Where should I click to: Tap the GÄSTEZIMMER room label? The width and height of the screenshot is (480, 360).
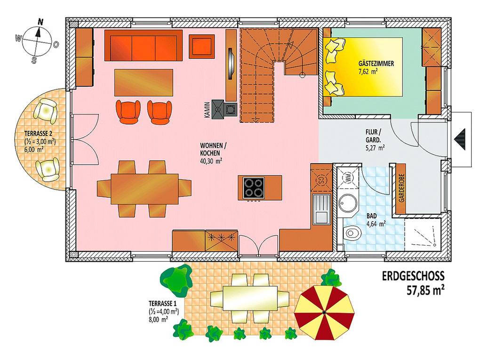point(376,64)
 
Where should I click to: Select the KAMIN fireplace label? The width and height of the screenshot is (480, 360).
point(207,110)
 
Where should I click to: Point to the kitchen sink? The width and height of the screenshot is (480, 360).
point(321,209)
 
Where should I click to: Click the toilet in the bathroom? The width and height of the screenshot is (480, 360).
point(352,232)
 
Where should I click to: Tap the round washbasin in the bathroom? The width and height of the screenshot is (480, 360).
point(348,202)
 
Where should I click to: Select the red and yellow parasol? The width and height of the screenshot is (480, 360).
point(324,312)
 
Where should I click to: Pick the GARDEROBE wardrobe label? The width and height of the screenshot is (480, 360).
point(401,188)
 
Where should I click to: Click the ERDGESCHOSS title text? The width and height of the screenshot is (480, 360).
point(413,276)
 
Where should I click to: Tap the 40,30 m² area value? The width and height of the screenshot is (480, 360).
point(211,160)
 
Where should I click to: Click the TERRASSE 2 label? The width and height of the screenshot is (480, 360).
point(38,134)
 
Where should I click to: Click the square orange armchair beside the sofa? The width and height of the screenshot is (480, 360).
point(202,46)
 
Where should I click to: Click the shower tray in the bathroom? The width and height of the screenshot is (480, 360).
point(423,234)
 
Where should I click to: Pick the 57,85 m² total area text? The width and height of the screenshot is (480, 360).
point(425,290)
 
